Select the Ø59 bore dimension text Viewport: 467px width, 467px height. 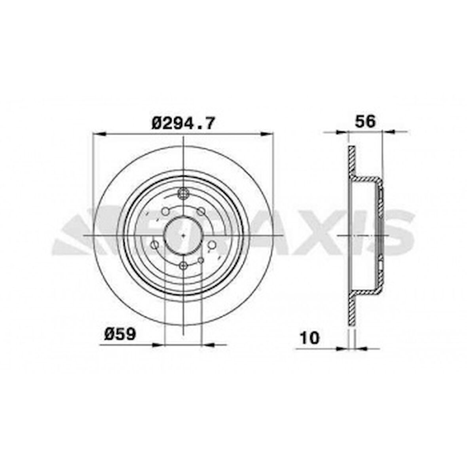pos(120,334)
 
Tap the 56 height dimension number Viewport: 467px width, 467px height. pos(364,121)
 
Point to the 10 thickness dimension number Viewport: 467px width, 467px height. pos(309,338)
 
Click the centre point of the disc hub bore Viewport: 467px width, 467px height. pos(183,235)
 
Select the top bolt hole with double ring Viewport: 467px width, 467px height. pos(183,194)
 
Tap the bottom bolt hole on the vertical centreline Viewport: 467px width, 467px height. pos(183,266)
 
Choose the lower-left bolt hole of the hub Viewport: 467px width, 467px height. pos(155,245)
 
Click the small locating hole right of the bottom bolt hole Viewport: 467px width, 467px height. pos(201,260)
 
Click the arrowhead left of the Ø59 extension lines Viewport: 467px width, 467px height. pos(159,345)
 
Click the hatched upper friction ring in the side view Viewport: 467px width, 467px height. pos(351,162)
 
